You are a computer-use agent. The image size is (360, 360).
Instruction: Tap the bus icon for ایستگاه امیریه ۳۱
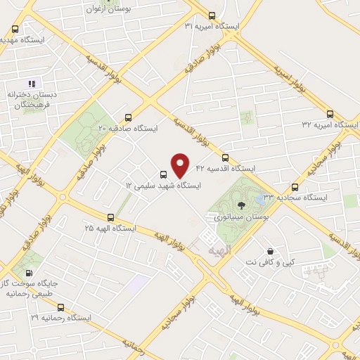213,15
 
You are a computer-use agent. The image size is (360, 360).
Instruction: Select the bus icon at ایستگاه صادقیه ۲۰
127,118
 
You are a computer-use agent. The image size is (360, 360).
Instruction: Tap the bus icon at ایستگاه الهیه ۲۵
110,218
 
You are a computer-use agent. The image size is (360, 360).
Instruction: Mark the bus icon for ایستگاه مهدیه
15,30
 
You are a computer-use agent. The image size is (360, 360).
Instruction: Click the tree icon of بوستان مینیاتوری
242,205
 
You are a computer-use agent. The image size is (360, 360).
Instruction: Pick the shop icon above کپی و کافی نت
270,251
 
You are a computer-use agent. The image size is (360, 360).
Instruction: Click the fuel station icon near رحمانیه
27,273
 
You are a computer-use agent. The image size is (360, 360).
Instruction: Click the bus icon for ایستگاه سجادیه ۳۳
295,187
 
